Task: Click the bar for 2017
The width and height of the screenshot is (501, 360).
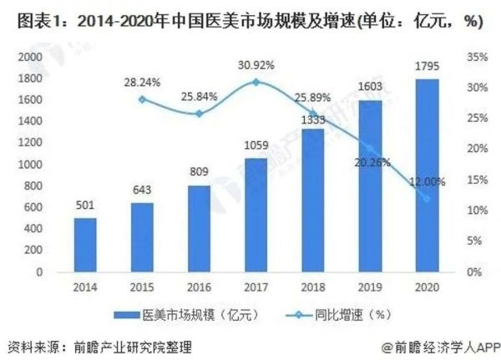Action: point(256,215)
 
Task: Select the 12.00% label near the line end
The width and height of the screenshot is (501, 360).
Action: point(428,181)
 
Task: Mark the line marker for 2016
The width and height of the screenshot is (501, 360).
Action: point(198,114)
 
